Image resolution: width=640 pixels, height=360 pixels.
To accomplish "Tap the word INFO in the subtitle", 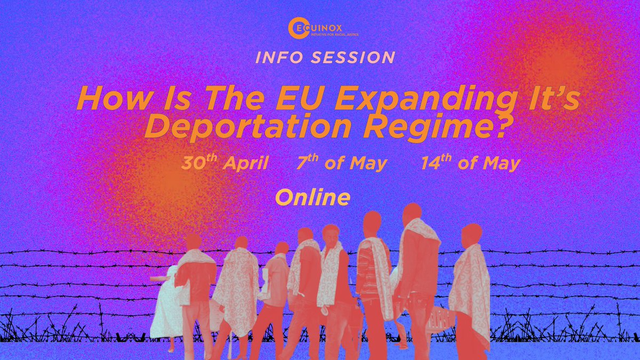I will [277, 57].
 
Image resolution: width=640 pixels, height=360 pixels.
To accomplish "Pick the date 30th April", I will [225, 163].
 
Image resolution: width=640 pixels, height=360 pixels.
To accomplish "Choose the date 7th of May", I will [342, 163].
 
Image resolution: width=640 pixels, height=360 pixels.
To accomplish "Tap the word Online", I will [313, 197].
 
